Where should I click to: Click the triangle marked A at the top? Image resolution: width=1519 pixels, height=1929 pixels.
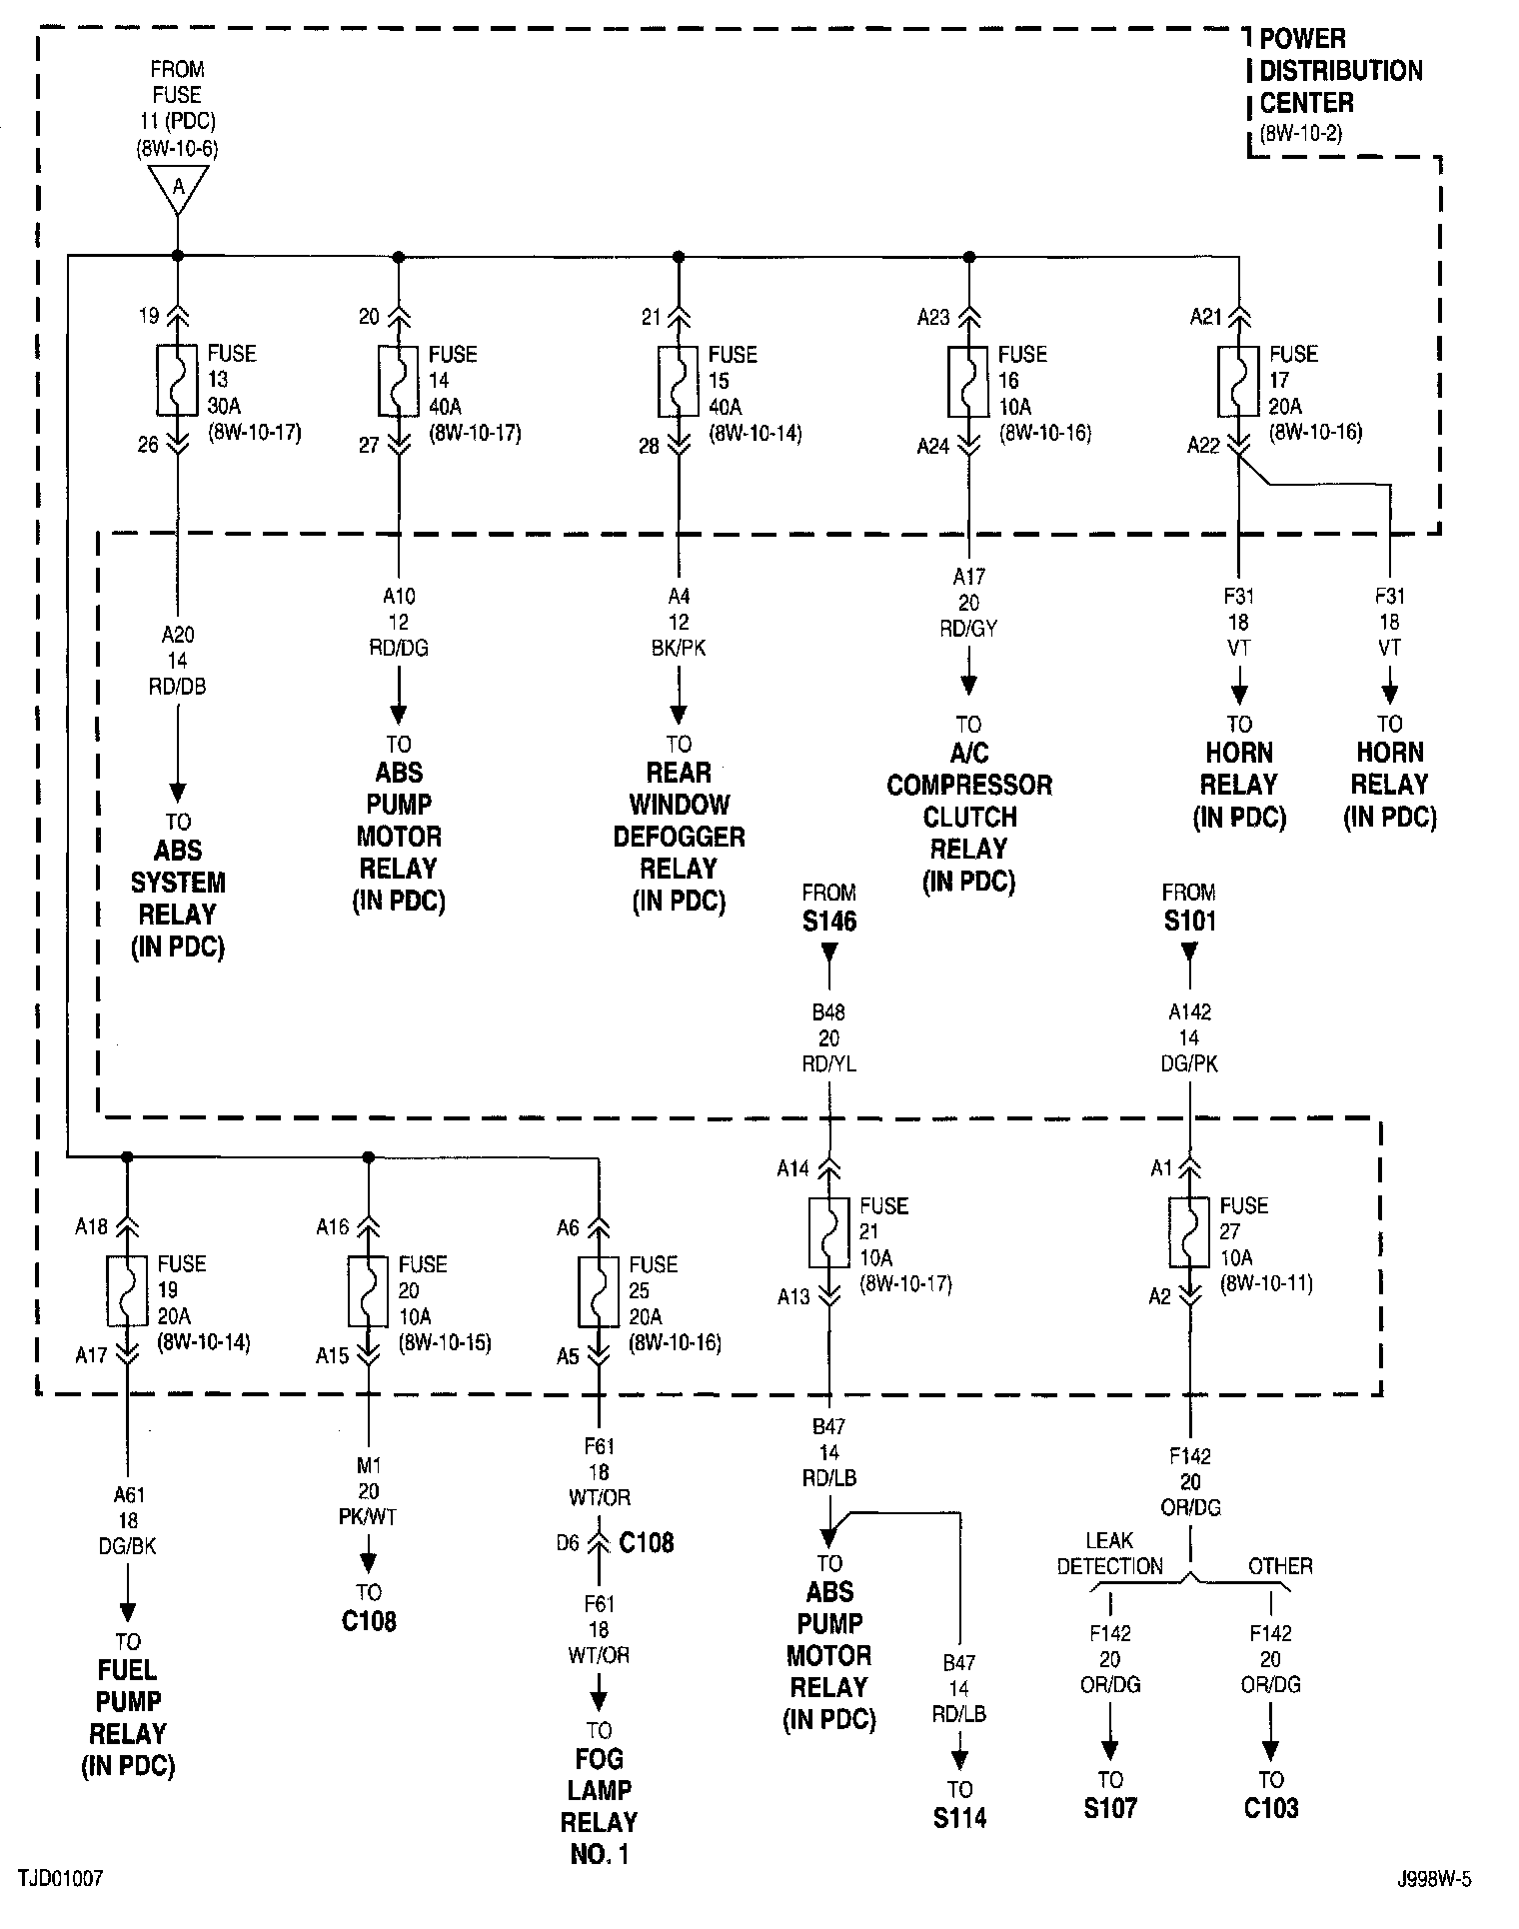tap(178, 187)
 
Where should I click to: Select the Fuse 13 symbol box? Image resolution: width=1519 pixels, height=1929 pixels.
tap(178, 381)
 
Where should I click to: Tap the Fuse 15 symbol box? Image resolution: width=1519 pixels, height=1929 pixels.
tap(679, 381)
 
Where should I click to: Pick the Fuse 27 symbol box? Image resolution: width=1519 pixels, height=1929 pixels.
tap(1189, 1232)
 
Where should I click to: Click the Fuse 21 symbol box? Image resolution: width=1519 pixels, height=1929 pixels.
tap(829, 1232)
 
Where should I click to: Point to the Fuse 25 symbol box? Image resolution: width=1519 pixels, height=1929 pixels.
tap(599, 1290)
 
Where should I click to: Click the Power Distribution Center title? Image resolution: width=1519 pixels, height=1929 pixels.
tap(1339, 71)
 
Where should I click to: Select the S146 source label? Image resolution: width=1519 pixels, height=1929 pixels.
tap(829, 921)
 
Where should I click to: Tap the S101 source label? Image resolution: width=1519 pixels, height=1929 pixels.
tap(1189, 921)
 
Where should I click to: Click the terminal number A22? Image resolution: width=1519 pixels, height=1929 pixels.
tap(1203, 446)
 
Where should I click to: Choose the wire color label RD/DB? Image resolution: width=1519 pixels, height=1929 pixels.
tap(178, 687)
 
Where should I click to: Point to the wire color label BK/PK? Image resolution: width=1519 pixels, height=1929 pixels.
tap(679, 648)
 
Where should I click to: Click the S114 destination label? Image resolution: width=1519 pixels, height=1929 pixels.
tap(959, 1818)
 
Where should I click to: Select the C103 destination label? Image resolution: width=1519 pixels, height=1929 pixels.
tap(1270, 1808)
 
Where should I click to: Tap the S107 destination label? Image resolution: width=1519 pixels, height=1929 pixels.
tap(1109, 1808)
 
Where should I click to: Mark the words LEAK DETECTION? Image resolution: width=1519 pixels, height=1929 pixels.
tap(1109, 1554)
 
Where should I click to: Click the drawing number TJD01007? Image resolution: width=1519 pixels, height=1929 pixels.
tap(59, 1879)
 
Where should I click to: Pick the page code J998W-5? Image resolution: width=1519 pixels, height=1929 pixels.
tap(1434, 1879)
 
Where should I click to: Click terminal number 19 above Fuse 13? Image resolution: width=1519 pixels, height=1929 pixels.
tap(149, 317)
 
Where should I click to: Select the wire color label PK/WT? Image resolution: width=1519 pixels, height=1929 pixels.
tap(369, 1517)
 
